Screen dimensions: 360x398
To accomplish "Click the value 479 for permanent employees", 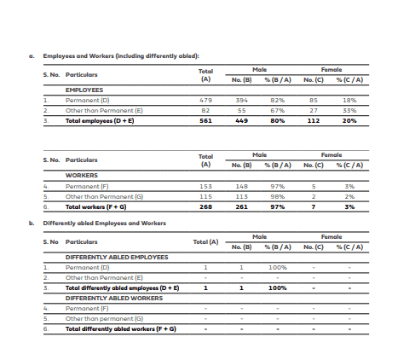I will [x=205, y=99].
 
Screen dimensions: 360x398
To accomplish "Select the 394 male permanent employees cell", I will [x=240, y=99].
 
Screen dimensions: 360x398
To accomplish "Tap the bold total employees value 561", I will [x=205, y=120].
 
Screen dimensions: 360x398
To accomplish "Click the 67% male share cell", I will [x=277, y=110].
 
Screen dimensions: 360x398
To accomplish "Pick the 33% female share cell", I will [x=349, y=110].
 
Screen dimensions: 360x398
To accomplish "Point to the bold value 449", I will [x=240, y=120].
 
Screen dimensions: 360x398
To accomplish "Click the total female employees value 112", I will [x=312, y=120].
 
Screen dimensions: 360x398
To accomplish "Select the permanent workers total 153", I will [x=205, y=185].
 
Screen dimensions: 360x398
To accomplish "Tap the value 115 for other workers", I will [x=205, y=196].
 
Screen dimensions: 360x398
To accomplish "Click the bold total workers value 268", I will [x=205, y=206].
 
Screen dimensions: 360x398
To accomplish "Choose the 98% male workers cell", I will [x=277, y=196].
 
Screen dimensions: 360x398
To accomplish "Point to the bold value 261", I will [x=240, y=206].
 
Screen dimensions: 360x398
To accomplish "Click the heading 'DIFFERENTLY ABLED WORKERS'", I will [x=114, y=299].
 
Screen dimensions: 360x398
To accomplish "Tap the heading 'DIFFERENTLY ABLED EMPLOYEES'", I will [x=117, y=257].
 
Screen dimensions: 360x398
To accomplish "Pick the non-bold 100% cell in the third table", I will [x=277, y=268].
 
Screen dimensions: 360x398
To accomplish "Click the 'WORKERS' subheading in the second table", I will [x=82, y=175].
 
